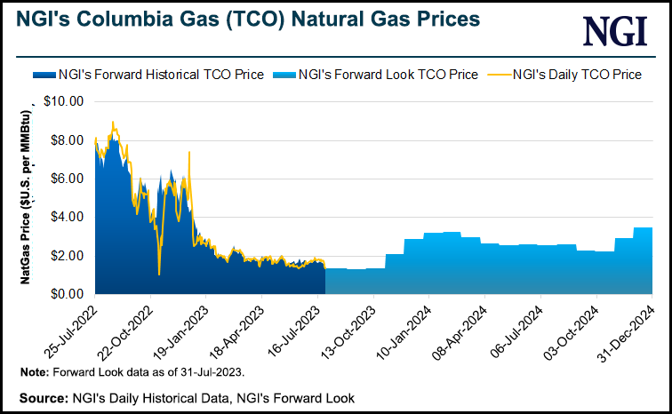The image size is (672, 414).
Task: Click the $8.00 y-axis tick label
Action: (x=65, y=139)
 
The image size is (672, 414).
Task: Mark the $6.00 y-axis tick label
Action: (x=65, y=179)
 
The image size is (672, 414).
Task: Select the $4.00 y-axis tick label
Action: (x=65, y=217)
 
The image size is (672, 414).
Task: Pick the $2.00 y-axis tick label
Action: (x=65, y=256)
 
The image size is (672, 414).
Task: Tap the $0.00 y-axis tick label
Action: (x=65, y=294)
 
